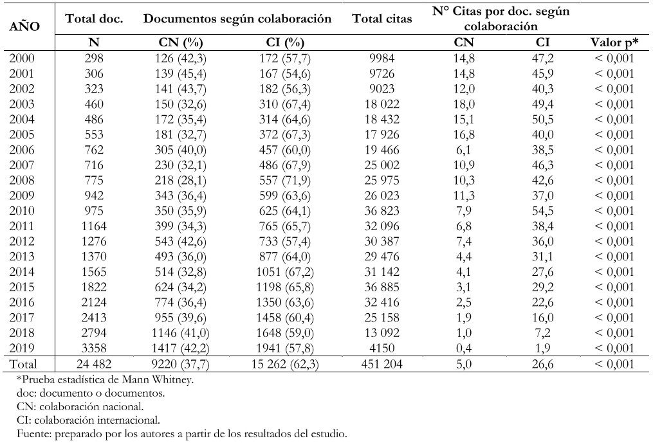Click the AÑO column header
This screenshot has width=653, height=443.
coord(24,26)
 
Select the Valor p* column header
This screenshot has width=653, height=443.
coord(614,42)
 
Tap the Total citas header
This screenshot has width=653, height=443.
coord(382,19)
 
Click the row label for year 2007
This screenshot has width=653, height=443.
coord(22,165)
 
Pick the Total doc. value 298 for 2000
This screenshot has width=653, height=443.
coord(94,59)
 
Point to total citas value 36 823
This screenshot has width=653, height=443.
coord(382,211)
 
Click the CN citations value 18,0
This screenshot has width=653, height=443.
coord(463,104)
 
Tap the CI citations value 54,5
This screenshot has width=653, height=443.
coord(542,211)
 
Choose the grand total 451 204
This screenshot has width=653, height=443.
coord(382,365)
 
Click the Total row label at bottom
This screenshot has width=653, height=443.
coord(23,365)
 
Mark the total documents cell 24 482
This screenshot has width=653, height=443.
coord(94,365)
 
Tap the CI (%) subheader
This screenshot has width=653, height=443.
coord(285,42)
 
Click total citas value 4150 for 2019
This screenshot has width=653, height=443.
coord(382,348)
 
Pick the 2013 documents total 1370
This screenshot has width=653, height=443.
coord(94,257)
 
